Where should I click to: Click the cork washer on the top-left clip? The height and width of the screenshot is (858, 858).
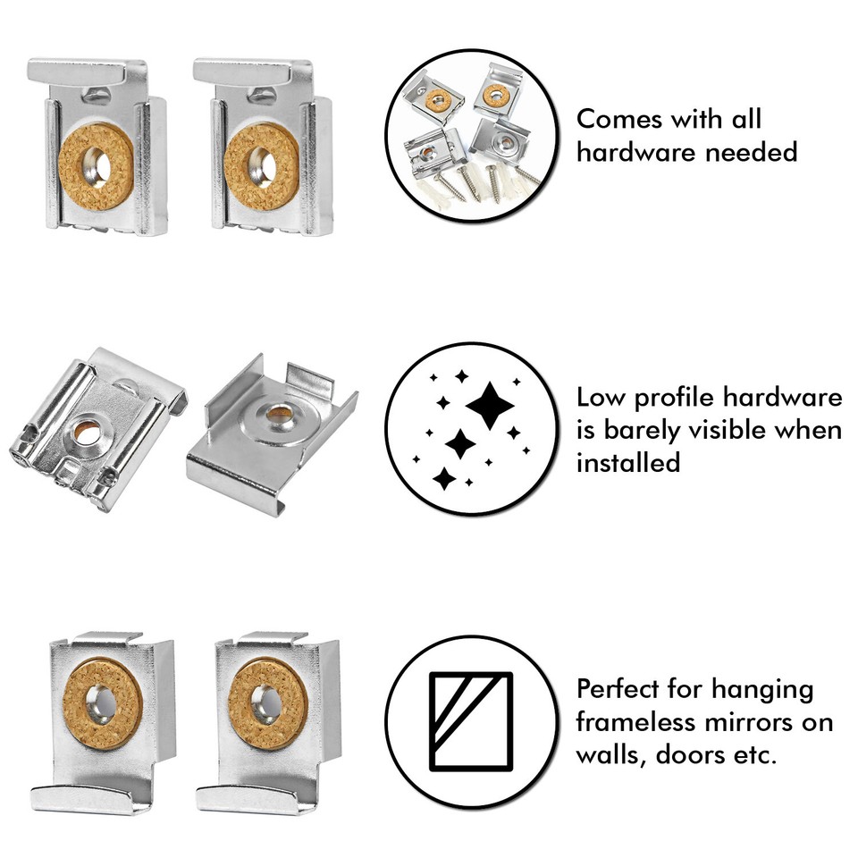pyautogui.click(x=96, y=166)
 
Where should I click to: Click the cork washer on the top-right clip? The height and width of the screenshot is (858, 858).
pyautogui.click(x=262, y=166)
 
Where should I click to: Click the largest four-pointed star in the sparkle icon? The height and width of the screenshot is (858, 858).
pyautogui.click(x=490, y=408)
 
